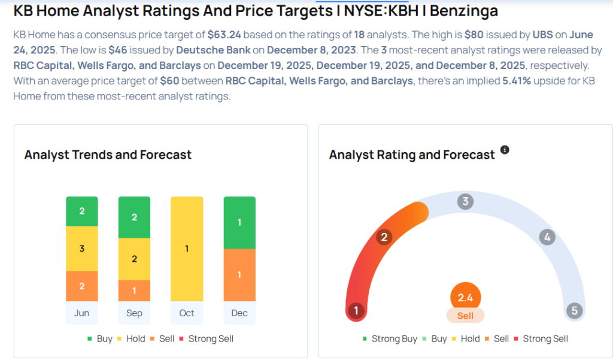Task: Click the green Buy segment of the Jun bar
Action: point(82,211)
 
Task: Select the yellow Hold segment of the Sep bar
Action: point(135,259)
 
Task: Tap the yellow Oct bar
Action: point(187,249)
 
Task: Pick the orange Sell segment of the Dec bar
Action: point(239,275)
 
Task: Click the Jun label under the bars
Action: point(82,313)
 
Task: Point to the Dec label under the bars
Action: point(239,313)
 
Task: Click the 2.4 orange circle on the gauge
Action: point(465,297)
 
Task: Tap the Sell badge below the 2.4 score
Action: point(465,316)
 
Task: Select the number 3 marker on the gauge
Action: point(465,201)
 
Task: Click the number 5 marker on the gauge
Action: point(574,310)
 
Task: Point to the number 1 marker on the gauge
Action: point(357,310)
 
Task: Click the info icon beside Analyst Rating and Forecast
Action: point(505,150)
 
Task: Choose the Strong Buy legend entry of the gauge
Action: point(390,338)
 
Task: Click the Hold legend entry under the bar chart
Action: point(131,338)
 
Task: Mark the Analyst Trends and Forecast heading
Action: point(108,155)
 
